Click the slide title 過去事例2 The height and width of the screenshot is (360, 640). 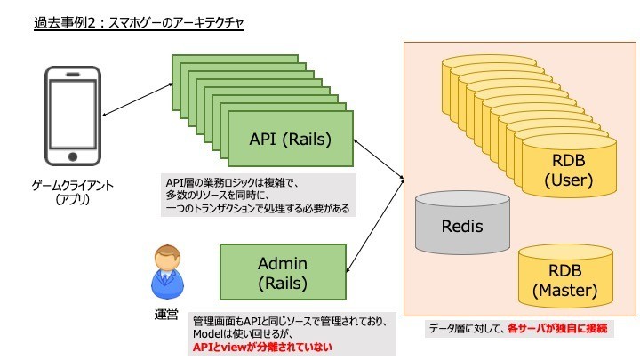[x=65, y=22]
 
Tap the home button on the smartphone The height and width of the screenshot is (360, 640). [x=73, y=156]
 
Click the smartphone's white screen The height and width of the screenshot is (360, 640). [x=73, y=114]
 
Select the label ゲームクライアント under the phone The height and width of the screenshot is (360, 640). [x=73, y=186]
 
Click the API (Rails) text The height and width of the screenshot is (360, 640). [x=290, y=140]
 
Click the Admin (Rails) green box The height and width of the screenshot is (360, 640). [x=283, y=272]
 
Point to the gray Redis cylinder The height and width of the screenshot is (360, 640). [x=462, y=222]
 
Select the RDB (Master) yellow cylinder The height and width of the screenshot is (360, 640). [x=565, y=276]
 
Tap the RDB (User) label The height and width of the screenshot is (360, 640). [x=569, y=170]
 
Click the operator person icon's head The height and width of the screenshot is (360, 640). [x=167, y=257]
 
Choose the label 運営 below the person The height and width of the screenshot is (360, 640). [x=166, y=315]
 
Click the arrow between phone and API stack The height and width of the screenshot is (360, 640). [x=137, y=100]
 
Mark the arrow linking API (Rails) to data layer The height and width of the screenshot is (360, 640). [x=379, y=160]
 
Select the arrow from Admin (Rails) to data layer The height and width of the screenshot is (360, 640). [x=375, y=226]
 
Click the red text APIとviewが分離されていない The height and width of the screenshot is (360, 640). [x=262, y=348]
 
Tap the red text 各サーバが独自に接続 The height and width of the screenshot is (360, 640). [x=557, y=328]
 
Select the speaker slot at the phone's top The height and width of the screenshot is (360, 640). [x=73, y=75]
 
